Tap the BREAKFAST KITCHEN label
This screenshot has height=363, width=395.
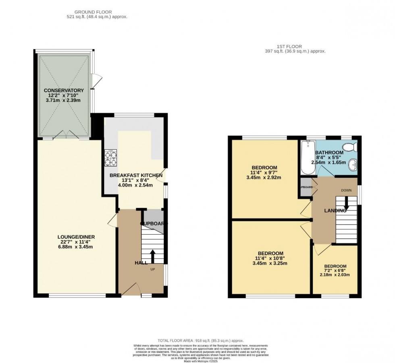click(136, 175)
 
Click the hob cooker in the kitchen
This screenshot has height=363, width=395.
click(110, 157)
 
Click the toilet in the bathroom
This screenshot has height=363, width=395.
click(347, 146)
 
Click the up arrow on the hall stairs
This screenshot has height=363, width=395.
click(153, 255)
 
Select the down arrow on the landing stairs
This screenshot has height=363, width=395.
click(346, 206)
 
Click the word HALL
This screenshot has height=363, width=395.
click(141, 263)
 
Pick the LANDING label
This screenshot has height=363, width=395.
click(335, 210)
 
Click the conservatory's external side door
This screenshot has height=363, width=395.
click(94, 80)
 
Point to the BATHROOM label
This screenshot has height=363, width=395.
click(329, 153)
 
